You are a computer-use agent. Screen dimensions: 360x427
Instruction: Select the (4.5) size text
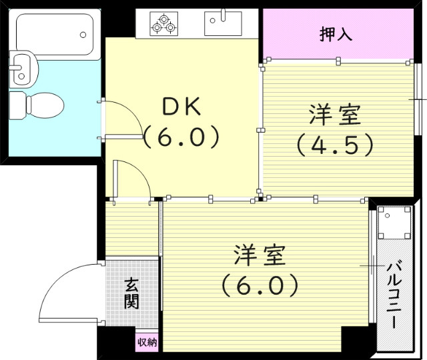(x=335, y=144)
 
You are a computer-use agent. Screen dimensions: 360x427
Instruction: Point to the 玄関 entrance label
(x=131, y=293)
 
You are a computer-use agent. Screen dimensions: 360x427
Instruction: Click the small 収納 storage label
(x=147, y=343)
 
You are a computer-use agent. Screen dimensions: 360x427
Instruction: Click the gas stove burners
(x=164, y=24)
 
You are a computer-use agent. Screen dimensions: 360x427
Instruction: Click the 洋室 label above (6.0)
(x=260, y=255)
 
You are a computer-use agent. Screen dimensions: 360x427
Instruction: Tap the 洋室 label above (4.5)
(x=335, y=115)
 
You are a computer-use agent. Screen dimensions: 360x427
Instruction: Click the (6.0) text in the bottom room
(x=260, y=285)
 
